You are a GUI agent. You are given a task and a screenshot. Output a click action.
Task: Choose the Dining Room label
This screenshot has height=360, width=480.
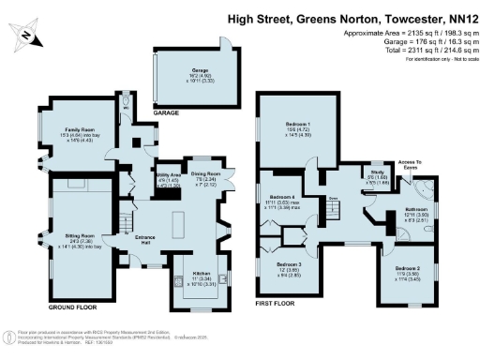point(205,173)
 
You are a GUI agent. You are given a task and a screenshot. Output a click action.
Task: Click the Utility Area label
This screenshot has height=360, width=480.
point(169,175)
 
